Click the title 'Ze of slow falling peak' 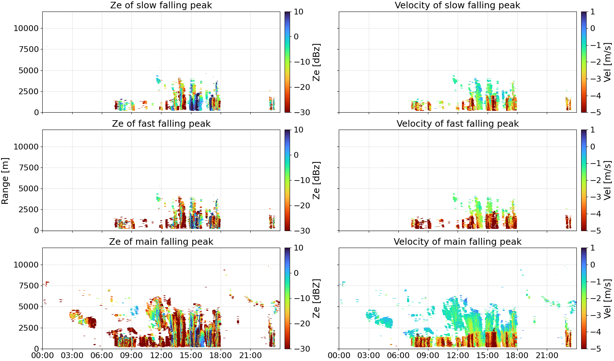[x=161, y=5]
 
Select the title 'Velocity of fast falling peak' [x=458, y=123]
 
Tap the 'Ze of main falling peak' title [x=161, y=242]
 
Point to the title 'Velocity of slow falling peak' [x=458, y=5]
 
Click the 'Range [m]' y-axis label [x=5, y=181]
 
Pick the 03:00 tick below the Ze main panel [x=72, y=356]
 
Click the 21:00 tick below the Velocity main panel [x=547, y=356]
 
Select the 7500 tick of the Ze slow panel [x=29, y=49]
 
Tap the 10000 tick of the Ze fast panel [x=26, y=147]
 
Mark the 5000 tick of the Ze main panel [x=29, y=306]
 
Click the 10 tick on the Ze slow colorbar [x=298, y=12]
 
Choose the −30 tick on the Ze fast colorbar [x=302, y=231]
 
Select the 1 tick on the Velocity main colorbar [x=593, y=248]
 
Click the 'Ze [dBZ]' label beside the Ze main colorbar [x=316, y=299]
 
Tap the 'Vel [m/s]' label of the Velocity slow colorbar [x=607, y=62]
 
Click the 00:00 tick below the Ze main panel [x=43, y=356]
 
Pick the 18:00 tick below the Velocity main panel [x=517, y=356]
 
